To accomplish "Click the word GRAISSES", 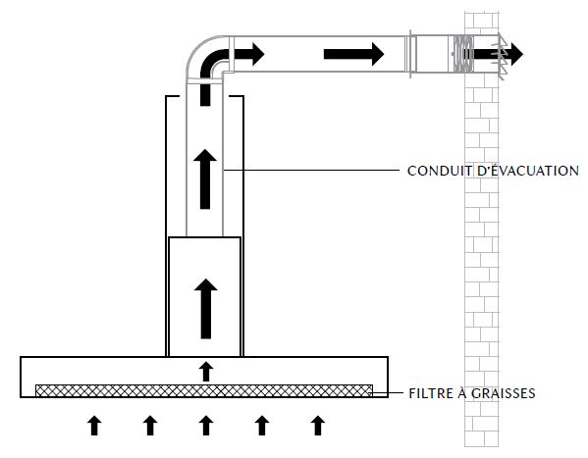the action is [x=504, y=393].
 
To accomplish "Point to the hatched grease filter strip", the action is [x=204, y=390].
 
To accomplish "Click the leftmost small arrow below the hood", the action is [x=94, y=426].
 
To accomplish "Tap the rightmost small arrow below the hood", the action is [x=318, y=426].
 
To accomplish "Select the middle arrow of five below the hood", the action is [x=206, y=426].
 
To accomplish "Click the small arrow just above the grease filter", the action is [x=206, y=372].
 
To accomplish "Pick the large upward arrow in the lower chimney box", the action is [x=206, y=309].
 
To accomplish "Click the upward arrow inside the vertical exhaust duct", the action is [x=205, y=178].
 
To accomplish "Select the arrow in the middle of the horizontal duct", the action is [x=354, y=54].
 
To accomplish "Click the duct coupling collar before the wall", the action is [x=410, y=55].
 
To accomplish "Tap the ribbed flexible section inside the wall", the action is [x=463, y=54].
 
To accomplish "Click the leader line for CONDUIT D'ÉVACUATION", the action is [x=312, y=171].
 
